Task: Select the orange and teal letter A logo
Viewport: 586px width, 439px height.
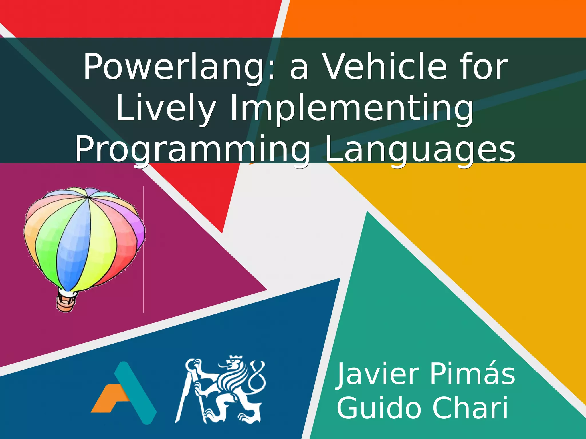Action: click(x=124, y=393)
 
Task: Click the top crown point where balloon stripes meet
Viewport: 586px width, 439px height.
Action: click(x=87, y=197)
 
